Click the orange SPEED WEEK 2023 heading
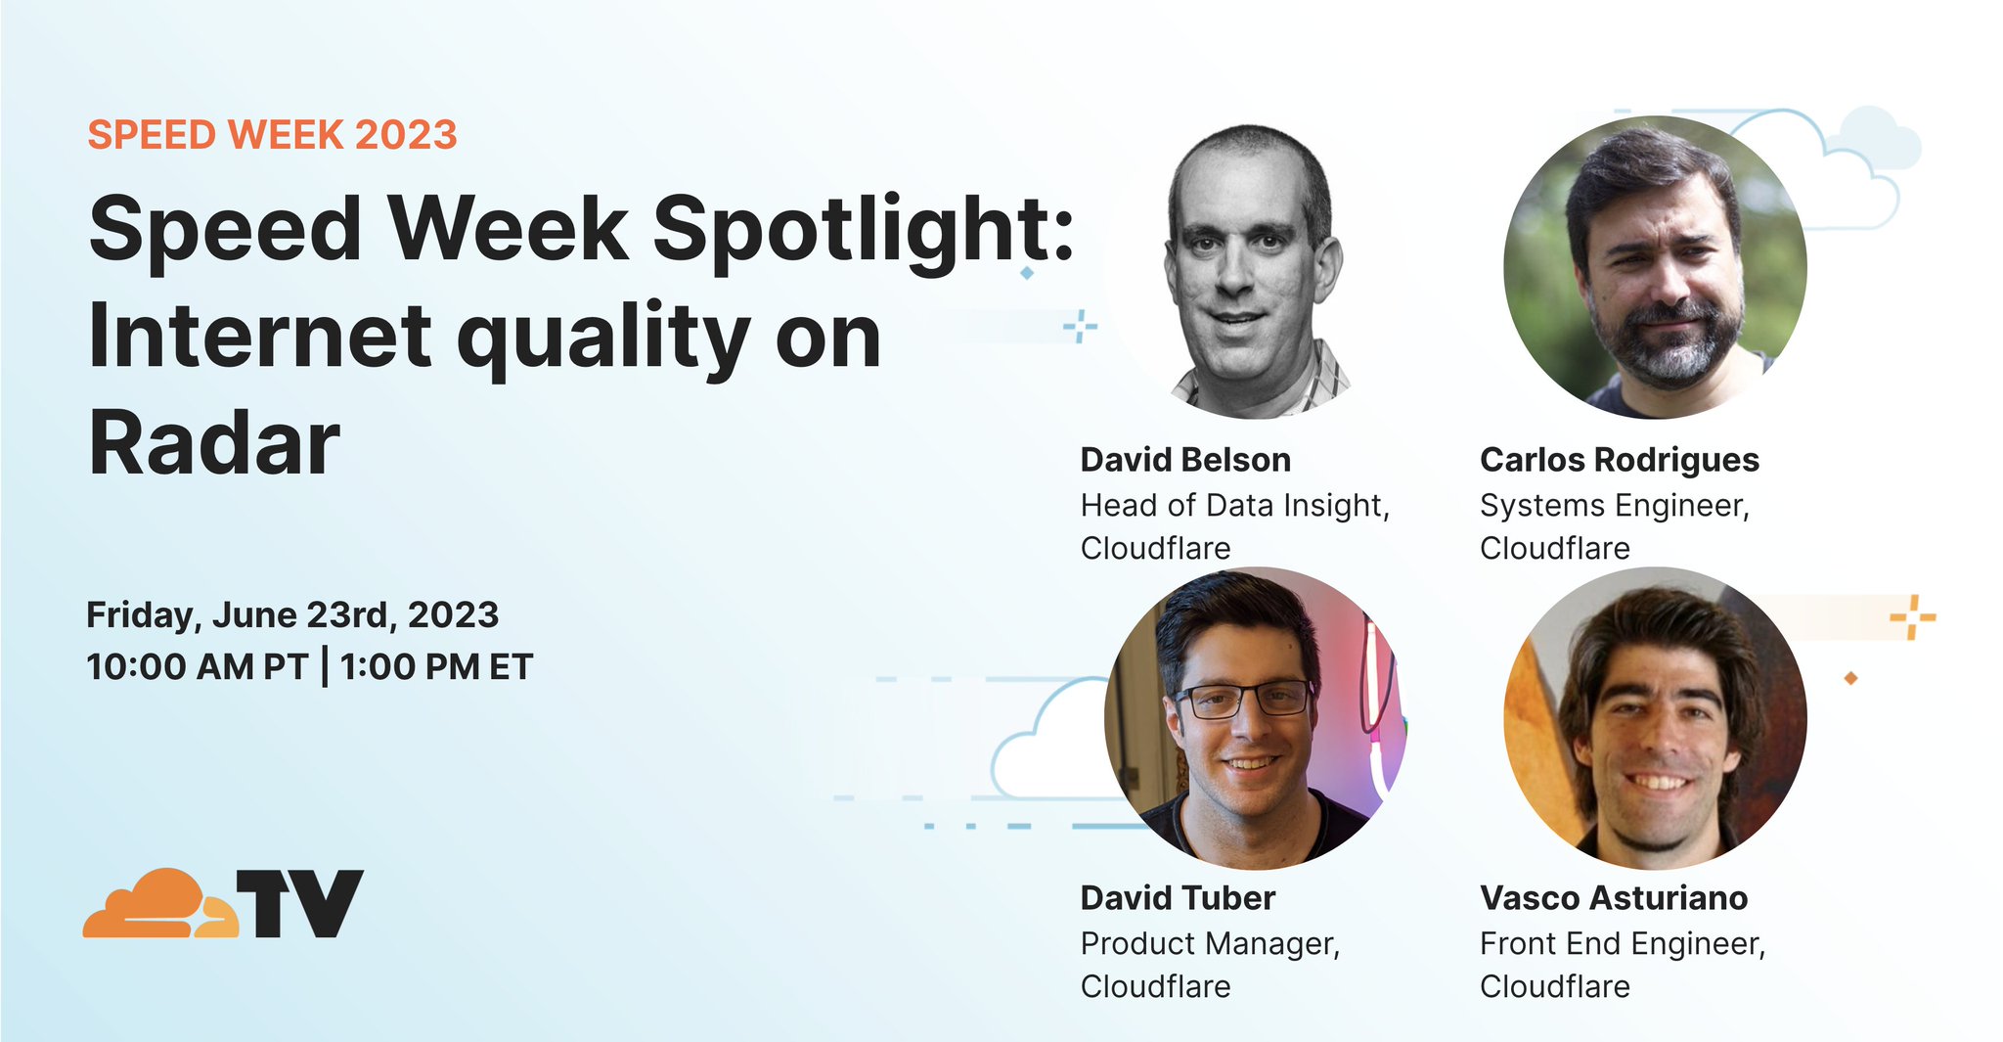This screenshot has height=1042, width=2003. (272, 135)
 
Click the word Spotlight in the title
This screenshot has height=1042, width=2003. (863, 229)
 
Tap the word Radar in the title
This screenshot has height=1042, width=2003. (214, 443)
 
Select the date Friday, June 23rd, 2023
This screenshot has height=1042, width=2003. (292, 615)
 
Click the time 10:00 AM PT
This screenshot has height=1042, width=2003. (197, 667)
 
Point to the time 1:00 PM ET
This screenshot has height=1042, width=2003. (436, 667)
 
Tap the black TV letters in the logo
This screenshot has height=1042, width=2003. (300, 904)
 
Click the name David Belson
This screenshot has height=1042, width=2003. (1185, 460)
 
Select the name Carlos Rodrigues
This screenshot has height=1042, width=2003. (1619, 460)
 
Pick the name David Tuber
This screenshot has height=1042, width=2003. (1178, 898)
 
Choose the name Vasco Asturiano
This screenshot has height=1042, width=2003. (1614, 898)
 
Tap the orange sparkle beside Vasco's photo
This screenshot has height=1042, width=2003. (1912, 617)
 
